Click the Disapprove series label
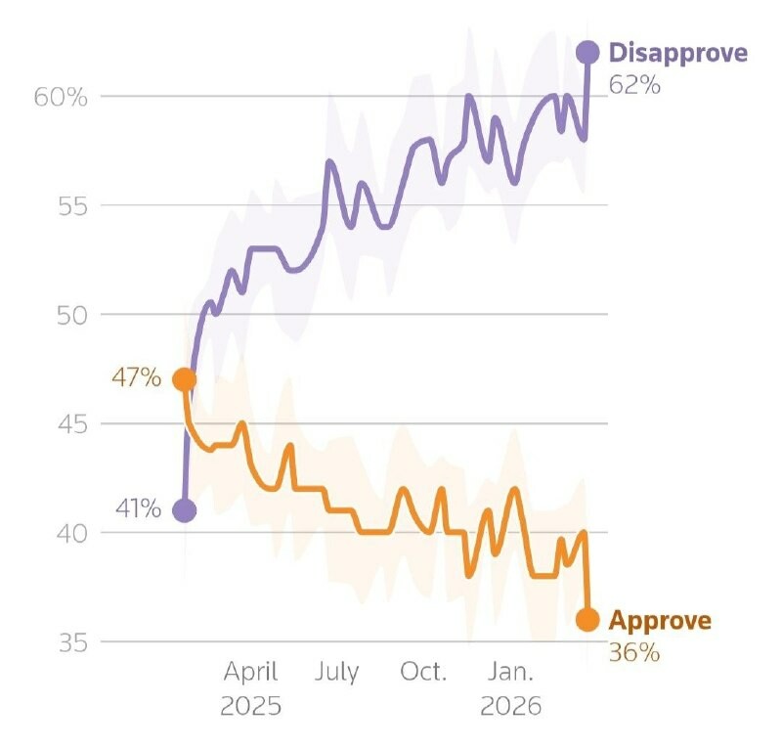point(677,53)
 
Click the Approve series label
point(660,620)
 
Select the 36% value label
point(634,652)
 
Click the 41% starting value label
point(137,509)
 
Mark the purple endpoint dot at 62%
point(587,53)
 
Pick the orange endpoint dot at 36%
point(586,619)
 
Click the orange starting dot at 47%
point(184,379)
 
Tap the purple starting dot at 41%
point(184,509)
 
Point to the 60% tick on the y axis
point(64,97)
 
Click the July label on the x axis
point(336,673)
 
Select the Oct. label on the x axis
point(423,673)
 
